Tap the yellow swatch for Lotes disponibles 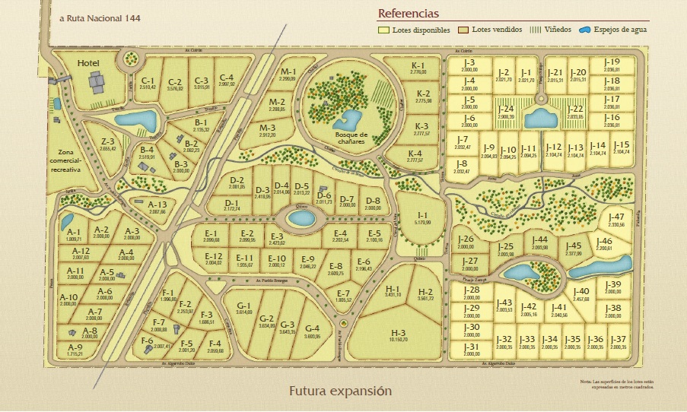[x=384, y=30]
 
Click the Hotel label [x=88, y=65]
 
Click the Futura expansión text [x=340, y=391]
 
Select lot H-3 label [x=399, y=334]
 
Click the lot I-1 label [x=422, y=216]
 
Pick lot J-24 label [x=507, y=109]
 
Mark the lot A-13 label [x=157, y=204]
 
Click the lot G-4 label [x=313, y=328]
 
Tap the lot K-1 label [x=418, y=65]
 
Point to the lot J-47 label [x=617, y=217]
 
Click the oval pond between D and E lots [x=301, y=219]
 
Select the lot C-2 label [x=175, y=81]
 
